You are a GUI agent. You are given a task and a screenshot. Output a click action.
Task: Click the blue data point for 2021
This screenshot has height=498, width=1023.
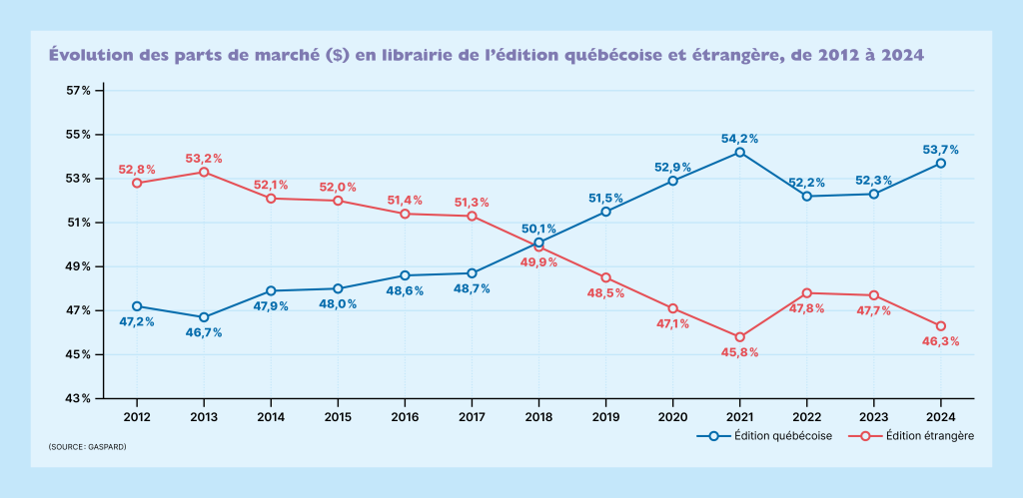click(x=740, y=152)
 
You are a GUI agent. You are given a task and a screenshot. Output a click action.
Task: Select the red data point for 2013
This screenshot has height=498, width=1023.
click(x=204, y=172)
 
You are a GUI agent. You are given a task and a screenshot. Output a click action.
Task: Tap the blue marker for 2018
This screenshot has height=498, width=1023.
click(x=539, y=243)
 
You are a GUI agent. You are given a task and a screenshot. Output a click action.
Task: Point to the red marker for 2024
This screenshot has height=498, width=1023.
click(x=941, y=325)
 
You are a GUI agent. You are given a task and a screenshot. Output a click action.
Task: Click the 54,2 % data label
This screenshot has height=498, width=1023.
click(x=740, y=139)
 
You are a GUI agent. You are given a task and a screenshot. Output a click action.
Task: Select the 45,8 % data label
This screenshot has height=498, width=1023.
click(x=740, y=351)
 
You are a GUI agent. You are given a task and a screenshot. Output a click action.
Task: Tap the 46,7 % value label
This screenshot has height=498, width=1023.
click(x=204, y=332)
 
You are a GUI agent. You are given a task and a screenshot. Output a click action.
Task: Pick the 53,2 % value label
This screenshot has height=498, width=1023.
click(x=204, y=159)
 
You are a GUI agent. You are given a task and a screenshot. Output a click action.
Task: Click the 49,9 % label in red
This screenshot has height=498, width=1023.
click(x=539, y=262)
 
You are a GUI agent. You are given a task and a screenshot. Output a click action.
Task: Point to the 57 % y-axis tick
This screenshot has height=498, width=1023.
click(x=79, y=91)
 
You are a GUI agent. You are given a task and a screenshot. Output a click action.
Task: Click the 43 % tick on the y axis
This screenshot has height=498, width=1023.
click(x=79, y=399)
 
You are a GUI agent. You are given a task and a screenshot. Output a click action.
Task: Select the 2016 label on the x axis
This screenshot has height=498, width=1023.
click(x=405, y=416)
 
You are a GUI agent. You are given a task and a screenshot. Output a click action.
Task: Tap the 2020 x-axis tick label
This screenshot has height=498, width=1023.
click(x=673, y=416)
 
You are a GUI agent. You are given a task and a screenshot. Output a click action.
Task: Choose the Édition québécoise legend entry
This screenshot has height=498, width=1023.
click(x=769, y=436)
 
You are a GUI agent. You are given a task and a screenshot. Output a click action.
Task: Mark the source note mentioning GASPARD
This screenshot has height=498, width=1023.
click(x=87, y=446)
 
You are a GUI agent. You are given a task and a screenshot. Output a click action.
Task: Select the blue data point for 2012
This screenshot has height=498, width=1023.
click(x=137, y=305)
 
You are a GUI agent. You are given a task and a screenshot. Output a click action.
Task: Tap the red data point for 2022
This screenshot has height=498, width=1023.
click(x=807, y=293)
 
